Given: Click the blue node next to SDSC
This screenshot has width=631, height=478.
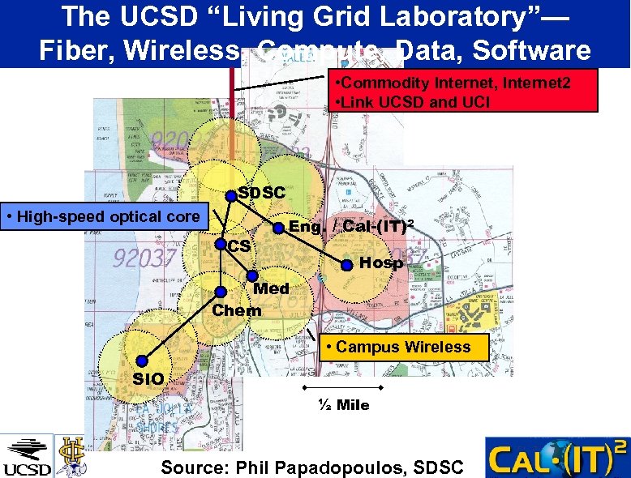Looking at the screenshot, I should [x=232, y=194].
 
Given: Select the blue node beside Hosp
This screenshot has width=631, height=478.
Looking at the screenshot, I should [x=346, y=264].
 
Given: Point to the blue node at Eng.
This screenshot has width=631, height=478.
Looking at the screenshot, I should [x=278, y=228].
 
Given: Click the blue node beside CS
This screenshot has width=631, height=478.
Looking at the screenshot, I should [x=220, y=242].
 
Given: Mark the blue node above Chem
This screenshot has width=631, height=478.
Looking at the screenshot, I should [x=220, y=292].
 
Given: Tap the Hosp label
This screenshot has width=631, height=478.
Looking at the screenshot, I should [x=381, y=262].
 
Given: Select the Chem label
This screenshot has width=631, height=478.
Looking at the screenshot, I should [x=236, y=310].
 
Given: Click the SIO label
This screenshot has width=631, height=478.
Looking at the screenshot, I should [x=148, y=379].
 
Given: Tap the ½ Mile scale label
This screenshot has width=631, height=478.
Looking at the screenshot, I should [x=342, y=405].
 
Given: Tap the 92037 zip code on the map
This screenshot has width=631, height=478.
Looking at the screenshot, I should [x=145, y=258].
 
